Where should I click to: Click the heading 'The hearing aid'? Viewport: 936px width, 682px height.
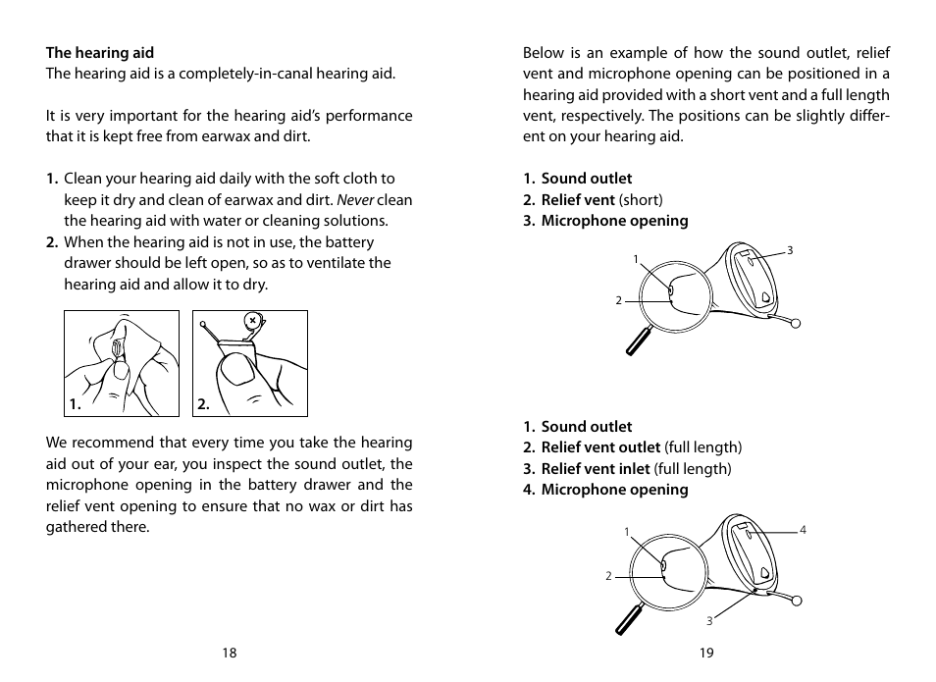pyautogui.click(x=99, y=53)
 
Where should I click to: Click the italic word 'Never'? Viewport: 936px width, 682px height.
pyautogui.click(x=355, y=200)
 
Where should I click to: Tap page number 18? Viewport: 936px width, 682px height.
pyautogui.click(x=229, y=654)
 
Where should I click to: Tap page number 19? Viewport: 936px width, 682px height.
pyautogui.click(x=706, y=654)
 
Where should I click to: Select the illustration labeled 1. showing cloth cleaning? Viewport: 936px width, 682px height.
pyautogui.click(x=122, y=363)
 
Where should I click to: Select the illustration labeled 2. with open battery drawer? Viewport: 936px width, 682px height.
pyautogui.click(x=250, y=363)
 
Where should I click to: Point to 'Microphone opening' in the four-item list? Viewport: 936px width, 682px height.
pyautogui.click(x=614, y=490)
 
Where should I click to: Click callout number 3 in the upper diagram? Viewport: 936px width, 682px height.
pyautogui.click(x=789, y=251)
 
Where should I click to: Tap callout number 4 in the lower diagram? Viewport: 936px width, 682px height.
pyautogui.click(x=803, y=531)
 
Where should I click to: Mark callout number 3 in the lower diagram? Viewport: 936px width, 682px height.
pyautogui.click(x=708, y=620)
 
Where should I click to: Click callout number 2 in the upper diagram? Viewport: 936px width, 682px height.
pyautogui.click(x=618, y=300)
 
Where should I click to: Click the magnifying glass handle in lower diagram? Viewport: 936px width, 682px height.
pyautogui.click(x=628, y=619)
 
